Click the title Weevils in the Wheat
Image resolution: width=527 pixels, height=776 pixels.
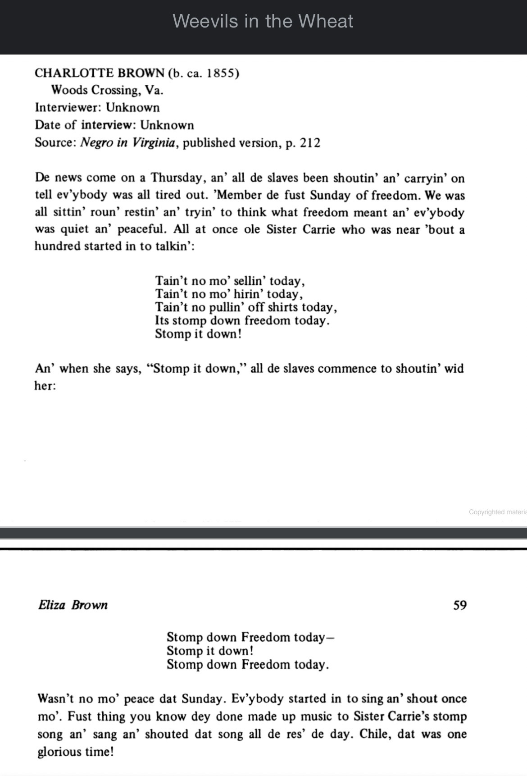(263, 21)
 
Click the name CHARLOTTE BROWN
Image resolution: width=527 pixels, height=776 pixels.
(100, 73)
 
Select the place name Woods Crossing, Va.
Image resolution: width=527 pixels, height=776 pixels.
(107, 90)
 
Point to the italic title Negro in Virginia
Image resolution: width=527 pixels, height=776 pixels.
(127, 143)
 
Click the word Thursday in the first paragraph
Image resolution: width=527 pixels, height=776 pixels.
(177, 178)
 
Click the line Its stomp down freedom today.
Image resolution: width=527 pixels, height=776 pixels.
(242, 321)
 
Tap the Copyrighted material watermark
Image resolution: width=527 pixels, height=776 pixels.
(497, 512)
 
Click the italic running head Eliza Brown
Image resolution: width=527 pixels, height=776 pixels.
(73, 605)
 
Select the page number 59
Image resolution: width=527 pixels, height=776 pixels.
(460, 605)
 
